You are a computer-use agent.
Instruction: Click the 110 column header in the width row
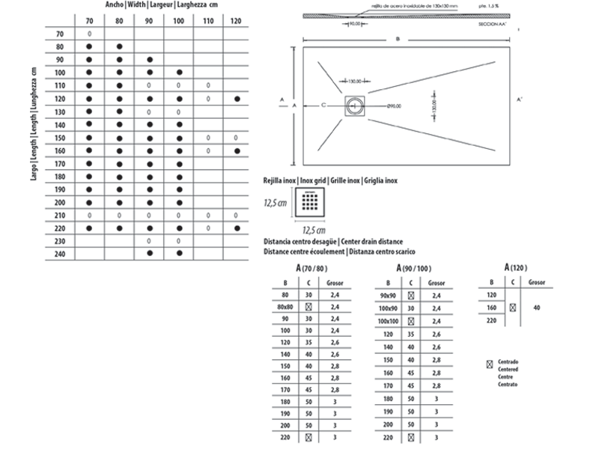pyautogui.click(x=207, y=20)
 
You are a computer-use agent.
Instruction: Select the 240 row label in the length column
pyautogui.click(x=60, y=254)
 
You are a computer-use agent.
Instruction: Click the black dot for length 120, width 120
pyautogui.click(x=237, y=99)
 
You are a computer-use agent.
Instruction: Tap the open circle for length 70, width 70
pyautogui.click(x=90, y=34)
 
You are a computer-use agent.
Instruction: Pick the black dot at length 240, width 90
pyautogui.click(x=149, y=254)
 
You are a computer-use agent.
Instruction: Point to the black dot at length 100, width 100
pyautogui.click(x=178, y=73)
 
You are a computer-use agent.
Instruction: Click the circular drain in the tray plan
pyautogui.click(x=354, y=106)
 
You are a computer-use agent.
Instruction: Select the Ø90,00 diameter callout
pyautogui.click(x=397, y=106)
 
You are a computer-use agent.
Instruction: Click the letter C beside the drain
pyautogui.click(x=323, y=106)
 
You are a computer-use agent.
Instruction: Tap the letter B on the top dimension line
pyautogui.click(x=398, y=38)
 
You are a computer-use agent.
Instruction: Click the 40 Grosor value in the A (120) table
pyautogui.click(x=537, y=307)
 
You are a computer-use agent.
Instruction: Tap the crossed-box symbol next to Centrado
pyautogui.click(x=490, y=364)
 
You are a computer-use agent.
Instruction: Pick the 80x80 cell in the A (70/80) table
pyautogui.click(x=285, y=307)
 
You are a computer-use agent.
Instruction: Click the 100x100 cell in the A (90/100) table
pyautogui.click(x=388, y=320)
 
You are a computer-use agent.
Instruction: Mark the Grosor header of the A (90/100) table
pyautogui.click(x=436, y=284)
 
